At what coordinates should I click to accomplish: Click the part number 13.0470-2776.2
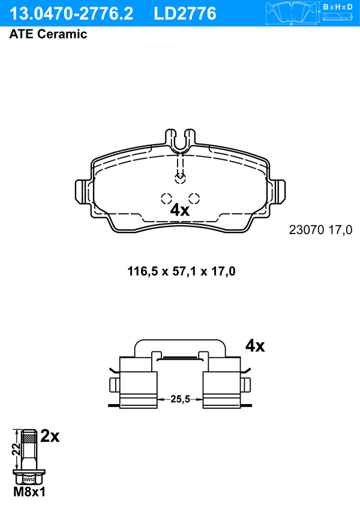click(x=71, y=14)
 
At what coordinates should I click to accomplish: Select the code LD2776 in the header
click(x=185, y=14)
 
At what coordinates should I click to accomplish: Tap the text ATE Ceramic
click(x=48, y=34)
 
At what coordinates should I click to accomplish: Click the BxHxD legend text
click(x=338, y=7)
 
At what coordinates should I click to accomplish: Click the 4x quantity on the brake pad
click(x=180, y=210)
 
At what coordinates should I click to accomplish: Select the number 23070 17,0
click(x=320, y=230)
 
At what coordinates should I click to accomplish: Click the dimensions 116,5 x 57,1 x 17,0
click(x=181, y=271)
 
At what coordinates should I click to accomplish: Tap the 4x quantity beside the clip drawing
click(x=255, y=346)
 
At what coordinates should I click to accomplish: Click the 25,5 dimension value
click(x=180, y=399)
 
